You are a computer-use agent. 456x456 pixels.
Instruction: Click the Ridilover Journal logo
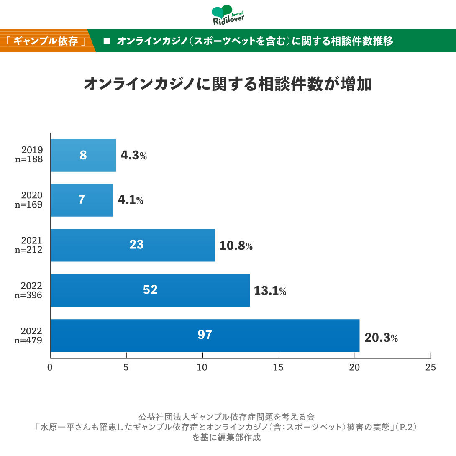pos(228,15)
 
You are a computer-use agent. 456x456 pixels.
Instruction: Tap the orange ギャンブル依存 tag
pos(46,41)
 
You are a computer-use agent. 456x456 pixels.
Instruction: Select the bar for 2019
pos(83,155)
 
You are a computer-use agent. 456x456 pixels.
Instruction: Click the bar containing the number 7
pos(82,200)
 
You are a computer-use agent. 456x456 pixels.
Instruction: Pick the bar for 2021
pos(133,245)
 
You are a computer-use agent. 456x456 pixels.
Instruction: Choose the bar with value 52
pos(150,290)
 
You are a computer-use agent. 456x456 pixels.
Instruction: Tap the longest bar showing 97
pos(205,336)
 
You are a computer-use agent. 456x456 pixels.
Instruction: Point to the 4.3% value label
pos(133,156)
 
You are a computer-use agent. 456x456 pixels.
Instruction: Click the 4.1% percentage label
pos(131,200)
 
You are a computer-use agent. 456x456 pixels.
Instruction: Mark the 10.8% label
pos(236,246)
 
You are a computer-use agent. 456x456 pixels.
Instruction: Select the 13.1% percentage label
pos(270,291)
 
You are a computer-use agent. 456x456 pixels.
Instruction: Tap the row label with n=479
pos(28,340)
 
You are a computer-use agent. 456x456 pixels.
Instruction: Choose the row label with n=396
pos(28,295)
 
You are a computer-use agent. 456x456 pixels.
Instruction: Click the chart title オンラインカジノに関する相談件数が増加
pos(228,84)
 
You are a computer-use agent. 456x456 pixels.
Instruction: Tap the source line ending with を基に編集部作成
pos(228,438)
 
